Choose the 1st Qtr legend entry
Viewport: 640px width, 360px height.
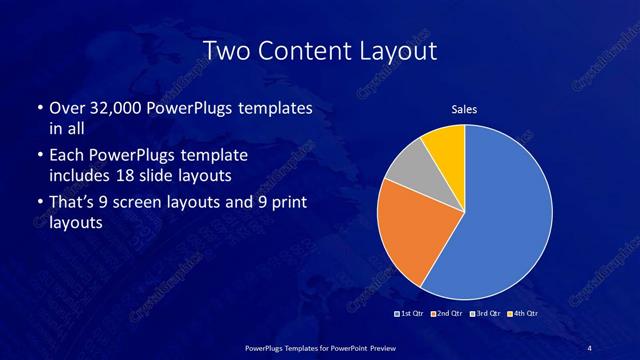coord(413,314)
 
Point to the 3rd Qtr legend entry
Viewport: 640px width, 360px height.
coord(486,314)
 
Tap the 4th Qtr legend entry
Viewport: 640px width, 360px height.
coord(522,314)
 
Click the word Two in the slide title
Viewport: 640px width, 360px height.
coord(225,49)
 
